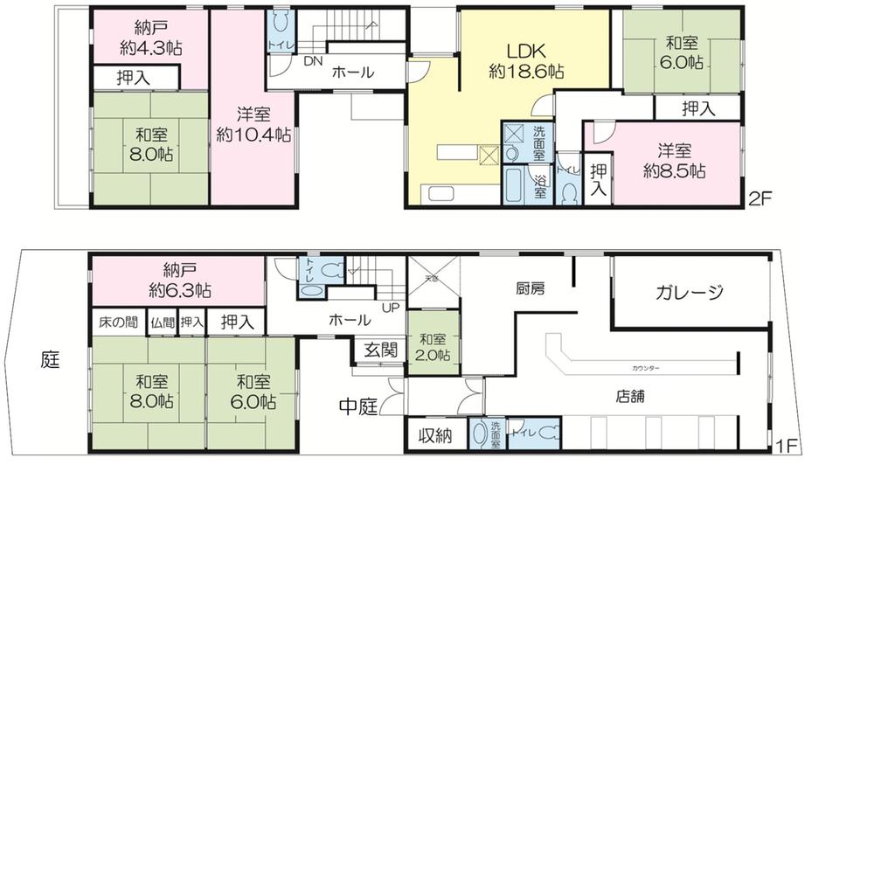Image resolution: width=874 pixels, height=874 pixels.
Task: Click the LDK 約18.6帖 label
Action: (x=525, y=62)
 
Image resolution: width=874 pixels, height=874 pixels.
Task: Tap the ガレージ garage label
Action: (x=690, y=292)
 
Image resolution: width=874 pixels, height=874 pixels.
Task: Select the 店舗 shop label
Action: (x=630, y=395)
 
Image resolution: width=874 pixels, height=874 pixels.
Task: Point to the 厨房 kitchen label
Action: (x=531, y=288)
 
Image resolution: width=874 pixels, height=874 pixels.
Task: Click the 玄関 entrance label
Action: (x=380, y=350)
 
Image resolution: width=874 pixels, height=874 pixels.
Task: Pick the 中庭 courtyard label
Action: (x=358, y=406)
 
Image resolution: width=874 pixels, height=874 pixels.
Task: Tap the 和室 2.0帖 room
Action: (x=433, y=347)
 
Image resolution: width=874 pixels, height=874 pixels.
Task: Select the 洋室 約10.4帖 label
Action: (x=253, y=124)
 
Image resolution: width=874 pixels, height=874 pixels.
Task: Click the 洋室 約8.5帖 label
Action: (x=674, y=161)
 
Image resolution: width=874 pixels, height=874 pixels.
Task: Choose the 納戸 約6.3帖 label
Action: (x=179, y=280)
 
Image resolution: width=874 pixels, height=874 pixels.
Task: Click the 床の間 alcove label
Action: (x=117, y=322)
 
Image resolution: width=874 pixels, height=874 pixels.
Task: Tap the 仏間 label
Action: (x=162, y=323)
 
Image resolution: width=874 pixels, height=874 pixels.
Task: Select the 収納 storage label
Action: (x=434, y=435)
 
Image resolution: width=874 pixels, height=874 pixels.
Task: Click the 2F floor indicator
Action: (x=760, y=198)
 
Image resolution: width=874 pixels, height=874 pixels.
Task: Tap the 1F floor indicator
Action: (x=787, y=446)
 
